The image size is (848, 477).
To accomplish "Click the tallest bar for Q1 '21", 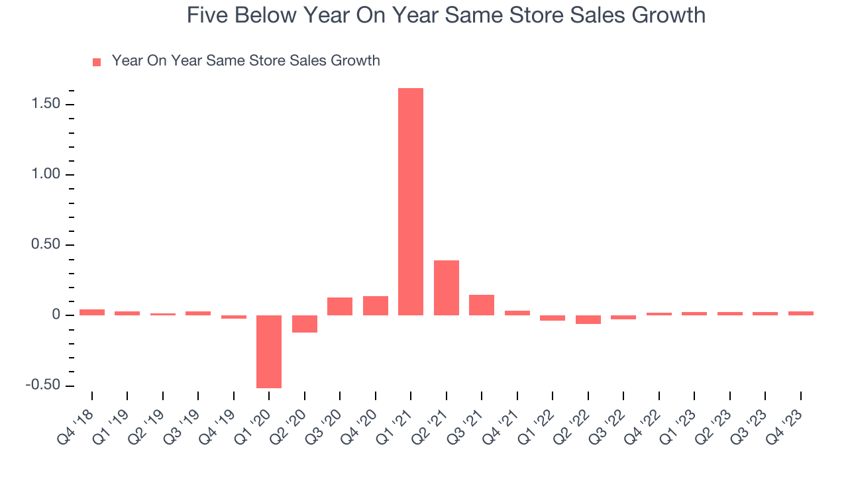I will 411,201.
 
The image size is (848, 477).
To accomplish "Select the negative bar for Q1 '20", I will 269,351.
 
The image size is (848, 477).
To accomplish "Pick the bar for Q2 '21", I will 447,288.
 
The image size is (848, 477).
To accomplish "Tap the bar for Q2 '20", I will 305,324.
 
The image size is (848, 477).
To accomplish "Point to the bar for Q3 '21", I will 482,305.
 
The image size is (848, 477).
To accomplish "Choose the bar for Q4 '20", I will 376,305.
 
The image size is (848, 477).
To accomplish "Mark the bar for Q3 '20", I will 340,306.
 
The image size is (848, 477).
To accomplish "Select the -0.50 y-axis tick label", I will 41,386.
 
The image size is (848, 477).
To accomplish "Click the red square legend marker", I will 97,62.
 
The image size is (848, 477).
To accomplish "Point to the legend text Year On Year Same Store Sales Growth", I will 246,61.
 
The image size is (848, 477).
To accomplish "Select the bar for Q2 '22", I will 588,319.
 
